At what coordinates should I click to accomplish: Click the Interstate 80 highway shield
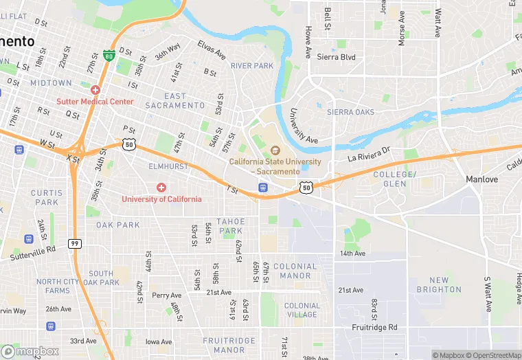point(109,54)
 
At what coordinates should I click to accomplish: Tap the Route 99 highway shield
point(73,243)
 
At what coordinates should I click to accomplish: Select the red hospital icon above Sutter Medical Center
point(95,90)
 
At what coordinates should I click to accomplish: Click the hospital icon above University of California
point(161,188)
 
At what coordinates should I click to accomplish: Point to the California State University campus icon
point(275,150)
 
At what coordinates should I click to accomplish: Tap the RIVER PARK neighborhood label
point(252,66)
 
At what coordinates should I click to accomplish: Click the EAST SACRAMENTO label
point(184,100)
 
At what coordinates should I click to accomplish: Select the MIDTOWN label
point(51,82)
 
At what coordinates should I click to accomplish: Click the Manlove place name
point(481,179)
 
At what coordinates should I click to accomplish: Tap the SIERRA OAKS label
point(350,111)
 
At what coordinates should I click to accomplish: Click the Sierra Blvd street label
point(336,57)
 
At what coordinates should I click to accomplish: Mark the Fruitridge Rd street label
point(374,328)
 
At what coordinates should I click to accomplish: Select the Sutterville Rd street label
point(32,253)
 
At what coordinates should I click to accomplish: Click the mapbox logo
point(30,351)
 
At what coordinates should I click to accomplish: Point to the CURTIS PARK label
point(46,198)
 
